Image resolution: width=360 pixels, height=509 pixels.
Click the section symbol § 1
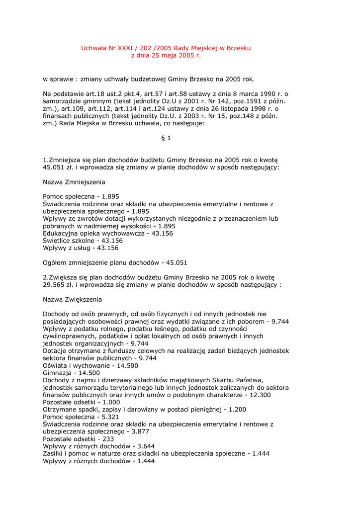(166, 138)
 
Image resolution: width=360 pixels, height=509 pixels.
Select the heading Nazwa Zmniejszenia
(74, 182)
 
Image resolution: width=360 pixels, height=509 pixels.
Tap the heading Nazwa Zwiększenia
(73, 300)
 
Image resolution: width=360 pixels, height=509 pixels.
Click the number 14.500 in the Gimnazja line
(89, 373)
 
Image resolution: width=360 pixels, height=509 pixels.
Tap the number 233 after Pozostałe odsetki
(108, 439)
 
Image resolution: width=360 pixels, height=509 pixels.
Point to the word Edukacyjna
(61, 233)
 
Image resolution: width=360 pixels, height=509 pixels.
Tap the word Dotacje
(56, 351)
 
